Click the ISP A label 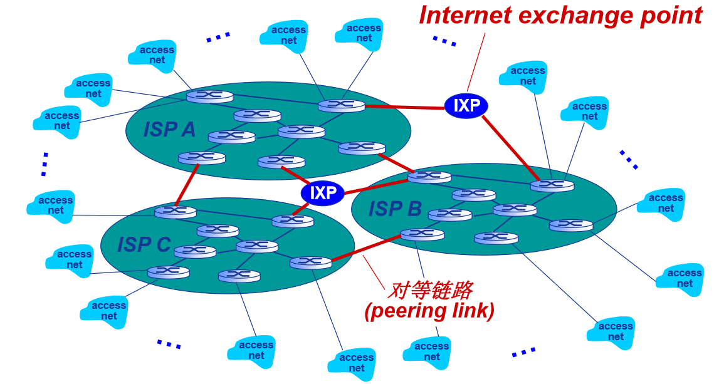coord(169,129)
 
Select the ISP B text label coord(394,209)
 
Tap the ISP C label coord(144,244)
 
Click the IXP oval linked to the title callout coord(466,106)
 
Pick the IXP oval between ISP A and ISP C coord(323,192)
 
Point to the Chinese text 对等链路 coord(429,290)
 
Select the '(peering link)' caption coord(429,310)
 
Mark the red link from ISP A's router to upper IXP coord(404,107)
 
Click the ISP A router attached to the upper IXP coord(341,105)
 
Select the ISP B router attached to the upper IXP coord(552,185)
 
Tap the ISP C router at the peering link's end coord(311,262)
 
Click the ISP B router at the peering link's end coord(422,234)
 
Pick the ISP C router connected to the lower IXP coord(293,221)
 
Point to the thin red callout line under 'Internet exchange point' coord(476,63)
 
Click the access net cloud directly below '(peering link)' coord(431,351)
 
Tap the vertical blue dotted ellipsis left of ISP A coord(45,163)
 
